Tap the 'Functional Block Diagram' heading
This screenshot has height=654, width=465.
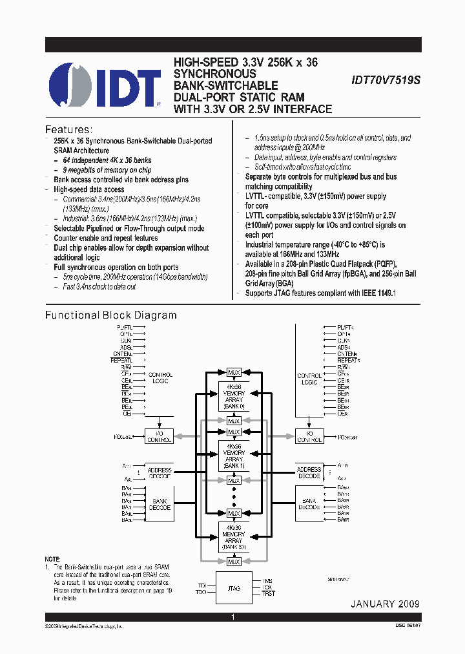(x=110, y=315)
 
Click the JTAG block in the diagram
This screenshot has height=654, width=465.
(x=233, y=588)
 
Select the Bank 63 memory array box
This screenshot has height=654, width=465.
(x=233, y=538)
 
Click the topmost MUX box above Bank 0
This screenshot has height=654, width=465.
(x=233, y=373)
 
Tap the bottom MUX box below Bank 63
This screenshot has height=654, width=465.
(x=233, y=562)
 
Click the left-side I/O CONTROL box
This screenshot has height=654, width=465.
(x=158, y=436)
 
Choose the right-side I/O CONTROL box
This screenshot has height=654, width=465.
(x=309, y=436)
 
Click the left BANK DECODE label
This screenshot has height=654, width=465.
(x=159, y=504)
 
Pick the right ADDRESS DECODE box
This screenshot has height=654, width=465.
(x=309, y=472)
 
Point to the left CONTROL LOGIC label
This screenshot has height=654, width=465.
(x=160, y=378)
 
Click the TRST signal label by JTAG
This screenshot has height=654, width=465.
(x=269, y=593)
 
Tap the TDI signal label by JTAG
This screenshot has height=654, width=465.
(x=201, y=585)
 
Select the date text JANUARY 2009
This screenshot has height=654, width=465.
(x=385, y=604)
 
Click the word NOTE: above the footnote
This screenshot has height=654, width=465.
(x=52, y=558)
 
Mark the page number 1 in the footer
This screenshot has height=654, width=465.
(x=232, y=618)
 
